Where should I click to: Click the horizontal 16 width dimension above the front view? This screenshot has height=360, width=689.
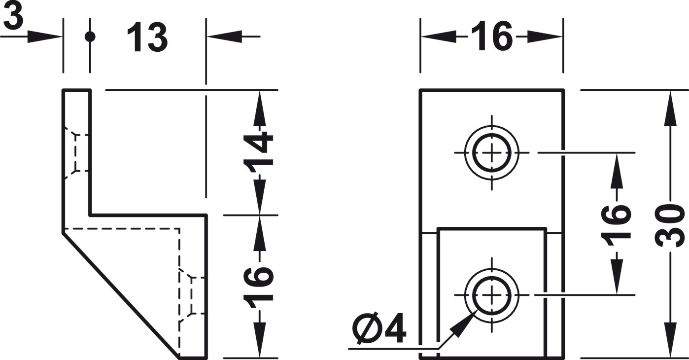click(x=492, y=36)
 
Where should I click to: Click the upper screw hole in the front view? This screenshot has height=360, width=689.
click(x=491, y=152)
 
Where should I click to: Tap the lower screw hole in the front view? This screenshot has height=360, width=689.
click(x=491, y=295)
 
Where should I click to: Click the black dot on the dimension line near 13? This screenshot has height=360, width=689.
click(x=90, y=36)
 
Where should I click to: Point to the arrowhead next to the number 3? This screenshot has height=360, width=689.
click(x=44, y=36)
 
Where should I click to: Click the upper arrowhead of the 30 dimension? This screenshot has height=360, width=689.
click(x=671, y=108)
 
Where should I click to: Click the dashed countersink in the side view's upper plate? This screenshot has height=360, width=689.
click(x=76, y=152)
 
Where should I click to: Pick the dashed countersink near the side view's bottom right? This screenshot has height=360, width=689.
click(x=192, y=295)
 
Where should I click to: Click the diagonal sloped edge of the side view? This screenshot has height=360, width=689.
click(x=121, y=296)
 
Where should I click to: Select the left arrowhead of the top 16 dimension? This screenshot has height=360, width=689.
click(x=439, y=36)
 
